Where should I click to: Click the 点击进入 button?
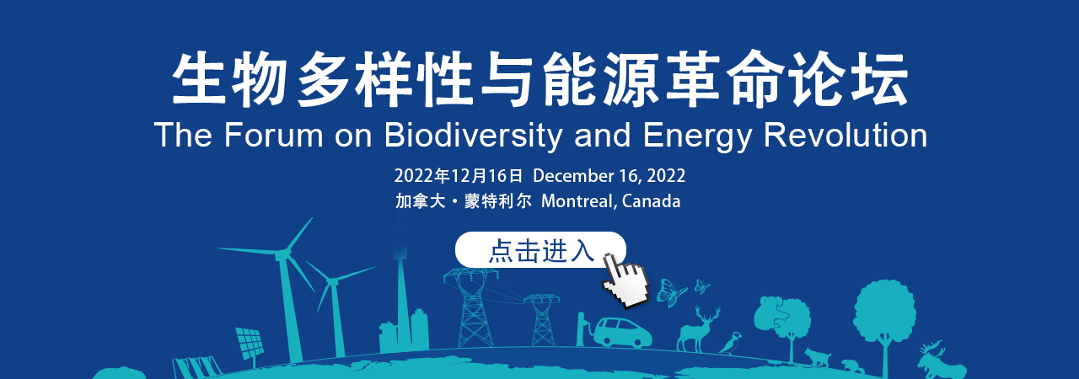540,249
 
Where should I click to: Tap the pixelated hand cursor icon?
625,281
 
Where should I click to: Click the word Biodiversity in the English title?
474,136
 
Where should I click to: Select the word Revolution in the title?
845,135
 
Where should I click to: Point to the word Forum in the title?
273,135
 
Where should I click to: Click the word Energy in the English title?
697,136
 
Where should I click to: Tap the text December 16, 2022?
609,176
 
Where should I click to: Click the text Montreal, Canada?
611,201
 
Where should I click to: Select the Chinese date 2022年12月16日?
458,176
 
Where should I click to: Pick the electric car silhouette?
622,333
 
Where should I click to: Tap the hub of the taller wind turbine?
281,254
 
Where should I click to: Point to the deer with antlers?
698,330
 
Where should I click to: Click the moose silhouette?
940,361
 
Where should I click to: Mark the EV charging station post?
581,329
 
